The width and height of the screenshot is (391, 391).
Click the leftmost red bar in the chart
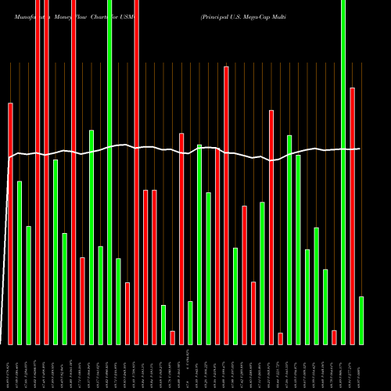[11, 223]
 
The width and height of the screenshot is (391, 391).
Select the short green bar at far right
[361, 320]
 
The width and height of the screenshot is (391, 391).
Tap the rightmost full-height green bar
[343, 172]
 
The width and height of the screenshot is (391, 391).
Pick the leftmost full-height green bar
[109, 172]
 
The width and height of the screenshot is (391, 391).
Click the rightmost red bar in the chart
[353, 216]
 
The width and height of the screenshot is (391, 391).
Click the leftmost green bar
[20, 262]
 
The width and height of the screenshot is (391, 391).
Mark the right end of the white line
[360, 149]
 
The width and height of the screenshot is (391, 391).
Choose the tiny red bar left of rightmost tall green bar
[335, 337]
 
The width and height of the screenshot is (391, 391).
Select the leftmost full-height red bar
[38, 172]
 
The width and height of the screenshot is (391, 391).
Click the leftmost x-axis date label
[11, 368]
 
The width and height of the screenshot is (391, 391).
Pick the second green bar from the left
[29, 285]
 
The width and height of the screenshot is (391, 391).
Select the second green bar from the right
[343, 172]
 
